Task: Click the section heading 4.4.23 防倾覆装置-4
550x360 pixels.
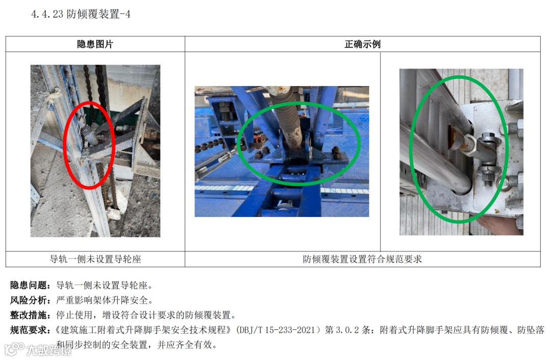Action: coord(80,14)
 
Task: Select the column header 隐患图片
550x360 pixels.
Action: coord(95,44)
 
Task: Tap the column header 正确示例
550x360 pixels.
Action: coord(363,44)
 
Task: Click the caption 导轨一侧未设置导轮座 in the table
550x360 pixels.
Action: coord(95,259)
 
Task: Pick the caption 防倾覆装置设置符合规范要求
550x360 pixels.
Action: coord(363,259)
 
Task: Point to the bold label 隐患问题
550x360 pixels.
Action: coord(28,285)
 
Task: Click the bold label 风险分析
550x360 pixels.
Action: coord(28,300)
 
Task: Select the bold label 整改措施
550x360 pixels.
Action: coord(28,315)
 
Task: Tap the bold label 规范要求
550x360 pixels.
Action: coord(28,330)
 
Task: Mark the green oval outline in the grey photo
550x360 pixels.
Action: coord(411,149)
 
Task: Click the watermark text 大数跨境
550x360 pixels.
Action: coord(48,349)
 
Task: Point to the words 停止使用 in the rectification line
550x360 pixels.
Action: coord(74,315)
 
